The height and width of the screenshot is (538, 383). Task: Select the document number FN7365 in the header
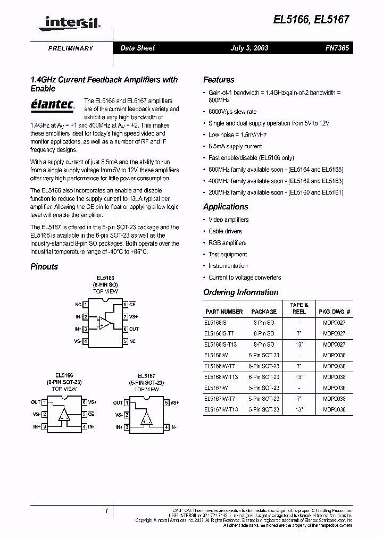[x=337, y=48]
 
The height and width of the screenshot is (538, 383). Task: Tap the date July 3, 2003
[x=249, y=48]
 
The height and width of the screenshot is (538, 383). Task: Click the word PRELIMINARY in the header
[x=71, y=48]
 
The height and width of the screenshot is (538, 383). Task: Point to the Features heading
[x=219, y=80]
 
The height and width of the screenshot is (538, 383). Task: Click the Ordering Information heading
[x=240, y=292]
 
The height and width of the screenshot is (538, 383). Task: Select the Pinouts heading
[x=44, y=266]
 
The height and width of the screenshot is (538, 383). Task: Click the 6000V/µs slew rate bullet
[x=232, y=112]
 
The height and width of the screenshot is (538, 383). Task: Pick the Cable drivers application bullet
[x=225, y=231]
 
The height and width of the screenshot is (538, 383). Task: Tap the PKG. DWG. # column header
[x=334, y=312]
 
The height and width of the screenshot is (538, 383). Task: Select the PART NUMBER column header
[x=223, y=312]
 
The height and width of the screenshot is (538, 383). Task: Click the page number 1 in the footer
[x=106, y=511]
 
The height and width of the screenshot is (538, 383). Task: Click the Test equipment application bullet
[x=227, y=255]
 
